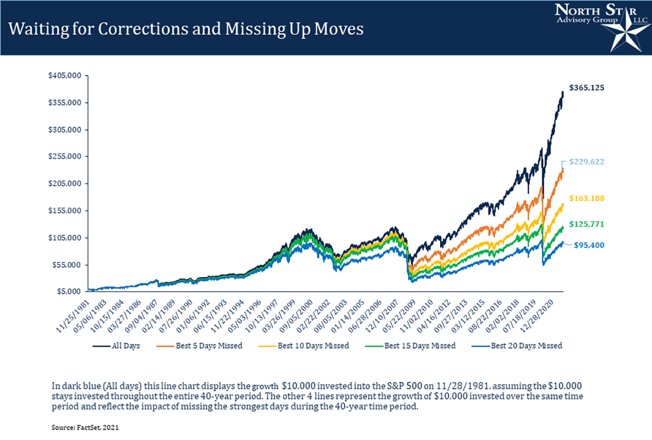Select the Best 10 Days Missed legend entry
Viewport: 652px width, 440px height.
tap(308, 345)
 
